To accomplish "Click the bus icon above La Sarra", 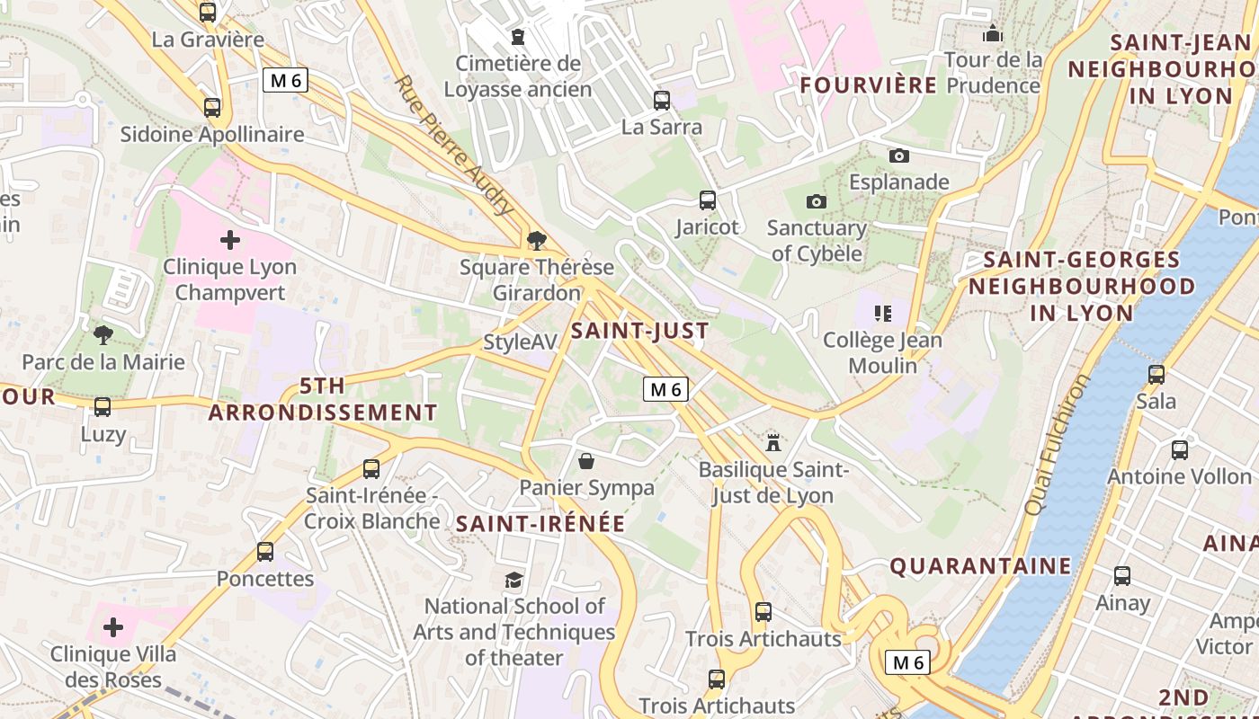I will [662, 100].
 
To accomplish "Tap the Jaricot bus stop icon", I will [708, 200].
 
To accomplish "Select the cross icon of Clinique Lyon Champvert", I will [230, 240].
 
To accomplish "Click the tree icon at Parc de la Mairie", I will [103, 335].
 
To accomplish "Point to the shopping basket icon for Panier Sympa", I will [586, 461].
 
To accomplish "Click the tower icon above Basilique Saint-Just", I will [772, 441].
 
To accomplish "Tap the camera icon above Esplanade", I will [898, 155].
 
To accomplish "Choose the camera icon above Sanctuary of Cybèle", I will [817, 201].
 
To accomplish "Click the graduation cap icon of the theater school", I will [513, 580].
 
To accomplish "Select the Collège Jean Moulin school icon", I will [882, 314].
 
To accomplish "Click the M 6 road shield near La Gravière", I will [286, 80].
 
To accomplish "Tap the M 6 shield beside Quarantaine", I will [907, 662].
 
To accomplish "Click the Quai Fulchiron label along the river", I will [1057, 445].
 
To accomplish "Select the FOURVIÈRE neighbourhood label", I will [869, 85].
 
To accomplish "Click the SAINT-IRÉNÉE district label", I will [540, 524].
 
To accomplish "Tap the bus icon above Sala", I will [1156, 374].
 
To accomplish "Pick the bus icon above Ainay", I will [1122, 576].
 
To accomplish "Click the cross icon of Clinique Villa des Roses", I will [113, 626].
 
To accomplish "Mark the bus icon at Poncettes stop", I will [264, 551].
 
